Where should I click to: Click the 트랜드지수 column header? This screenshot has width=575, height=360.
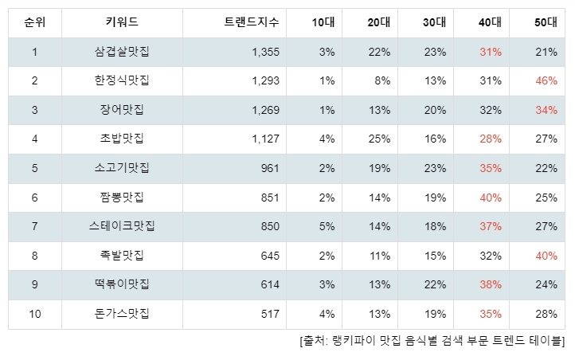pos(252,22)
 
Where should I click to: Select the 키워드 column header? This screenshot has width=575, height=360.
pos(122,22)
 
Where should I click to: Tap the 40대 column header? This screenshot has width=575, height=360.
pos(490,22)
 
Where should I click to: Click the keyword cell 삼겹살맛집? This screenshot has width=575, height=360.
pos(122,51)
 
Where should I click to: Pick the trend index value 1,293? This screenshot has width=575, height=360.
pos(265,80)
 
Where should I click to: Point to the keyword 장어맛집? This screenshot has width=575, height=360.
pos(122,110)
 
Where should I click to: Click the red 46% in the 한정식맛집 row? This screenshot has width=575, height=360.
pos(546,80)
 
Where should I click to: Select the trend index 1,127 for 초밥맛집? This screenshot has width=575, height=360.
pos(265,139)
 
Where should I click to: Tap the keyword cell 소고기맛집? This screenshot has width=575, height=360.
pos(122,168)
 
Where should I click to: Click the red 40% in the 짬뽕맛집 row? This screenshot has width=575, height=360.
pos(491,198)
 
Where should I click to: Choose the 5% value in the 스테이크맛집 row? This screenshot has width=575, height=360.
pos(327,226)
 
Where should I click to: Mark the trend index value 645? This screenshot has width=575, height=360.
pos(270,256)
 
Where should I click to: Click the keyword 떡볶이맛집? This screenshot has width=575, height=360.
pos(122,284)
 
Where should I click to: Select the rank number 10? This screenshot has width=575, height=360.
pos(35,314)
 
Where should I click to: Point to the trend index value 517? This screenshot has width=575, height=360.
pos(270,314)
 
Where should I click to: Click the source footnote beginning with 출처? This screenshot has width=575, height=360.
pos(432,341)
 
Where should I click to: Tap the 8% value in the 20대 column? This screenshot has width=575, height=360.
pos(382,80)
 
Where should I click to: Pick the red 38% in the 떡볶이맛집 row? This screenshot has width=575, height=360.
pos(491,284)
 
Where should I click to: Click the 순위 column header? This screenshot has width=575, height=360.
pos(35,22)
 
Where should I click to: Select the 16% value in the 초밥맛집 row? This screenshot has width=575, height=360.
pos(435,139)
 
